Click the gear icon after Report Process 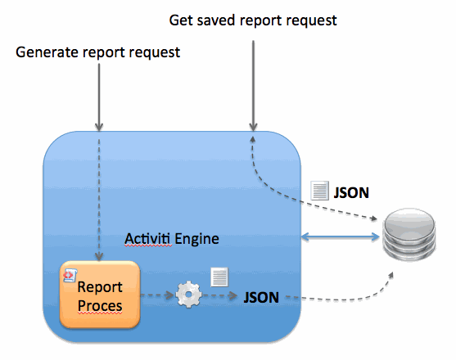(x=188, y=295)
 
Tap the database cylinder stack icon (x=409, y=235)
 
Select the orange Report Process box (x=100, y=295)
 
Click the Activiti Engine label (x=172, y=239)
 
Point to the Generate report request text (x=97, y=52)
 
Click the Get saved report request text (x=253, y=20)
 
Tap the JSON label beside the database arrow (x=351, y=192)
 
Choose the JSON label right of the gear (x=261, y=297)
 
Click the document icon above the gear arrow (x=219, y=277)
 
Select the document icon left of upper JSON (x=319, y=191)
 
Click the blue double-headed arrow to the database (x=341, y=237)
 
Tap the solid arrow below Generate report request (x=99, y=97)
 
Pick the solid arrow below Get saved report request (x=253, y=86)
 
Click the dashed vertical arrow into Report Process (x=99, y=200)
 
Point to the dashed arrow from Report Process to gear (x=157, y=295)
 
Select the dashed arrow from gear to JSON (x=220, y=296)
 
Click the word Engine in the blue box (x=196, y=239)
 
